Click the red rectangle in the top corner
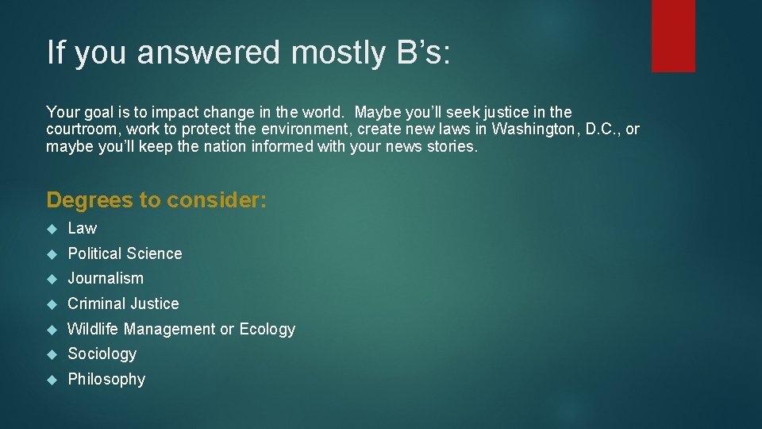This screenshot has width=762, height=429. (673, 35)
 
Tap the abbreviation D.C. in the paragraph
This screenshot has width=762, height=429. (602, 129)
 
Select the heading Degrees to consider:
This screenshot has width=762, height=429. (156, 200)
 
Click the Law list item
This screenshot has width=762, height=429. (83, 229)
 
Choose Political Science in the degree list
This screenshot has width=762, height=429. (125, 254)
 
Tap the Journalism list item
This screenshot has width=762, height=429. (106, 279)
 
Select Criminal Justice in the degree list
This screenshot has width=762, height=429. (123, 304)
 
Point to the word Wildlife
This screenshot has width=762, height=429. (94, 329)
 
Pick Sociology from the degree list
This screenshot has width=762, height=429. (102, 354)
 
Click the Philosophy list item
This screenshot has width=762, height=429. (106, 380)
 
